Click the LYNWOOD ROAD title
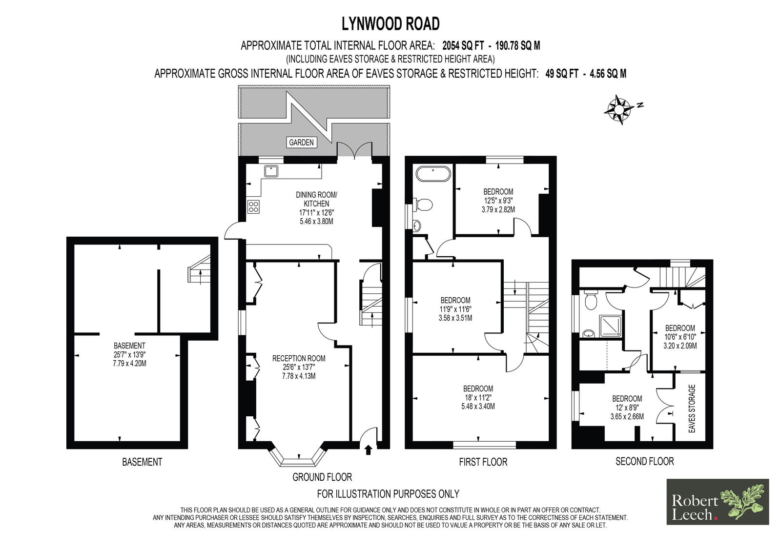pyautogui.click(x=390, y=24)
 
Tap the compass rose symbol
pyautogui.click(x=619, y=109)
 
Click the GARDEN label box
pyautogui.click(x=301, y=143)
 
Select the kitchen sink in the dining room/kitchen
pyautogui.click(x=271, y=172)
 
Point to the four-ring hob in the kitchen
pyautogui.click(x=253, y=206)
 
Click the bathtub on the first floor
pyautogui.click(x=433, y=174)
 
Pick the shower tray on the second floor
pyautogui.click(x=610, y=327)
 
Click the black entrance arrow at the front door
pyautogui.click(x=368, y=450)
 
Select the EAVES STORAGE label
pyautogui.click(x=692, y=409)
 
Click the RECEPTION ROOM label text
pyautogui.click(x=299, y=358)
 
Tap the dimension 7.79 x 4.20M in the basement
pyautogui.click(x=129, y=364)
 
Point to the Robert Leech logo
pyautogui.click(x=718, y=502)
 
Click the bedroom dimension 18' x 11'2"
pyautogui.click(x=478, y=397)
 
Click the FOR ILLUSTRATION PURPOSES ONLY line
pyautogui.click(x=388, y=494)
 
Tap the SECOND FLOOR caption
pyautogui.click(x=645, y=461)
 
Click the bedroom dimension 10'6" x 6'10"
pyautogui.click(x=680, y=337)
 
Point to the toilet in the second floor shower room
pyautogui.click(x=591, y=301)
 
